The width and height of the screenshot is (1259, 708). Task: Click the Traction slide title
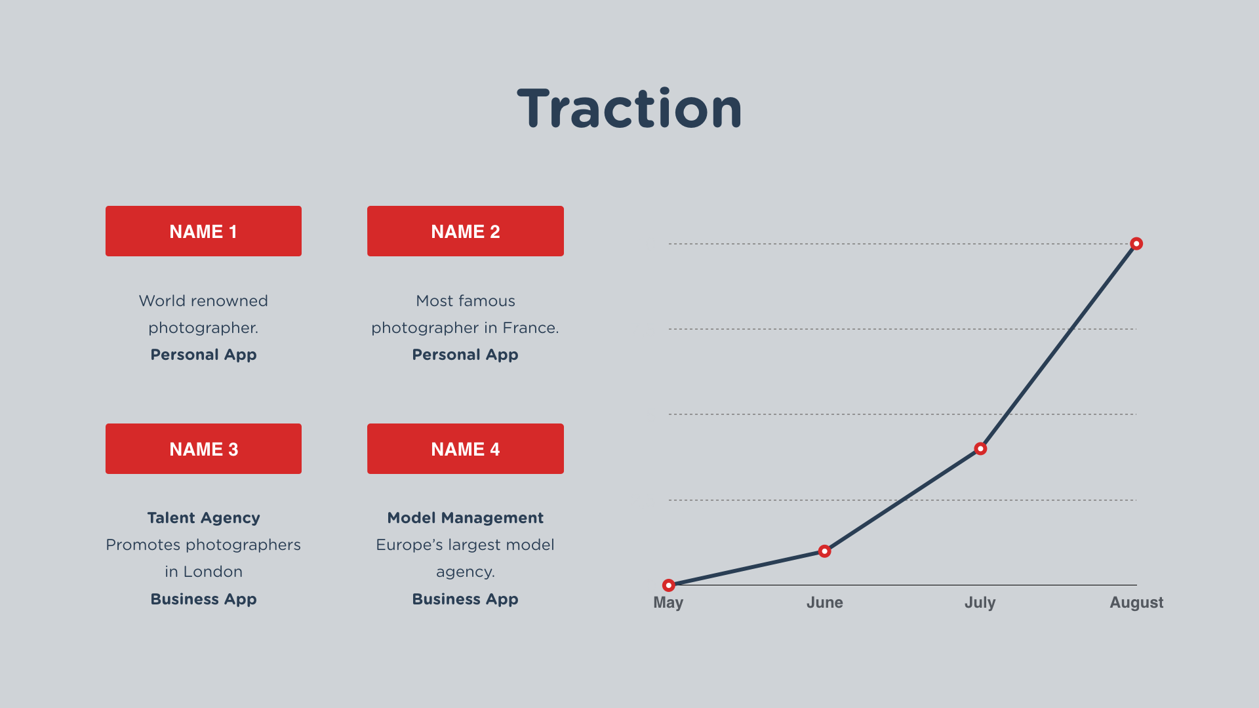point(629,108)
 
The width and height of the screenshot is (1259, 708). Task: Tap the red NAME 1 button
point(203,231)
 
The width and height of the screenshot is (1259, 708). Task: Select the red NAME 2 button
point(466,231)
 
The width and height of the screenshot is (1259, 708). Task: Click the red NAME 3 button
point(203,448)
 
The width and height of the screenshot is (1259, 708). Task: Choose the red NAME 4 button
point(466,448)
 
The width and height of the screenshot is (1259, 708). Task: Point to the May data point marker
point(668,585)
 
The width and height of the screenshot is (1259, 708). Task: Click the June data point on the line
point(824,551)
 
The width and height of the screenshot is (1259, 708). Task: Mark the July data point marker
point(980,449)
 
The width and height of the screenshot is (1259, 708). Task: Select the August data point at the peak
point(1136,244)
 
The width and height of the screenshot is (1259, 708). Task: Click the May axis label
point(668,603)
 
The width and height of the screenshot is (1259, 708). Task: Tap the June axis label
point(824,602)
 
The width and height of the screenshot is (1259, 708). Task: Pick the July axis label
point(980,603)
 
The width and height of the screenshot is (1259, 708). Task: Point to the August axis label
point(1136,603)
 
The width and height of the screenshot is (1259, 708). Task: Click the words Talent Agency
point(203,518)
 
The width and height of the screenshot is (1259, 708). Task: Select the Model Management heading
point(466,518)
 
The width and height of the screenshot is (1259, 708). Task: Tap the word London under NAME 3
point(213,572)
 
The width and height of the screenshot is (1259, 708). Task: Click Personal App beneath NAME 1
point(203,355)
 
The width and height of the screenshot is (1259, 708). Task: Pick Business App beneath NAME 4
point(466,599)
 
